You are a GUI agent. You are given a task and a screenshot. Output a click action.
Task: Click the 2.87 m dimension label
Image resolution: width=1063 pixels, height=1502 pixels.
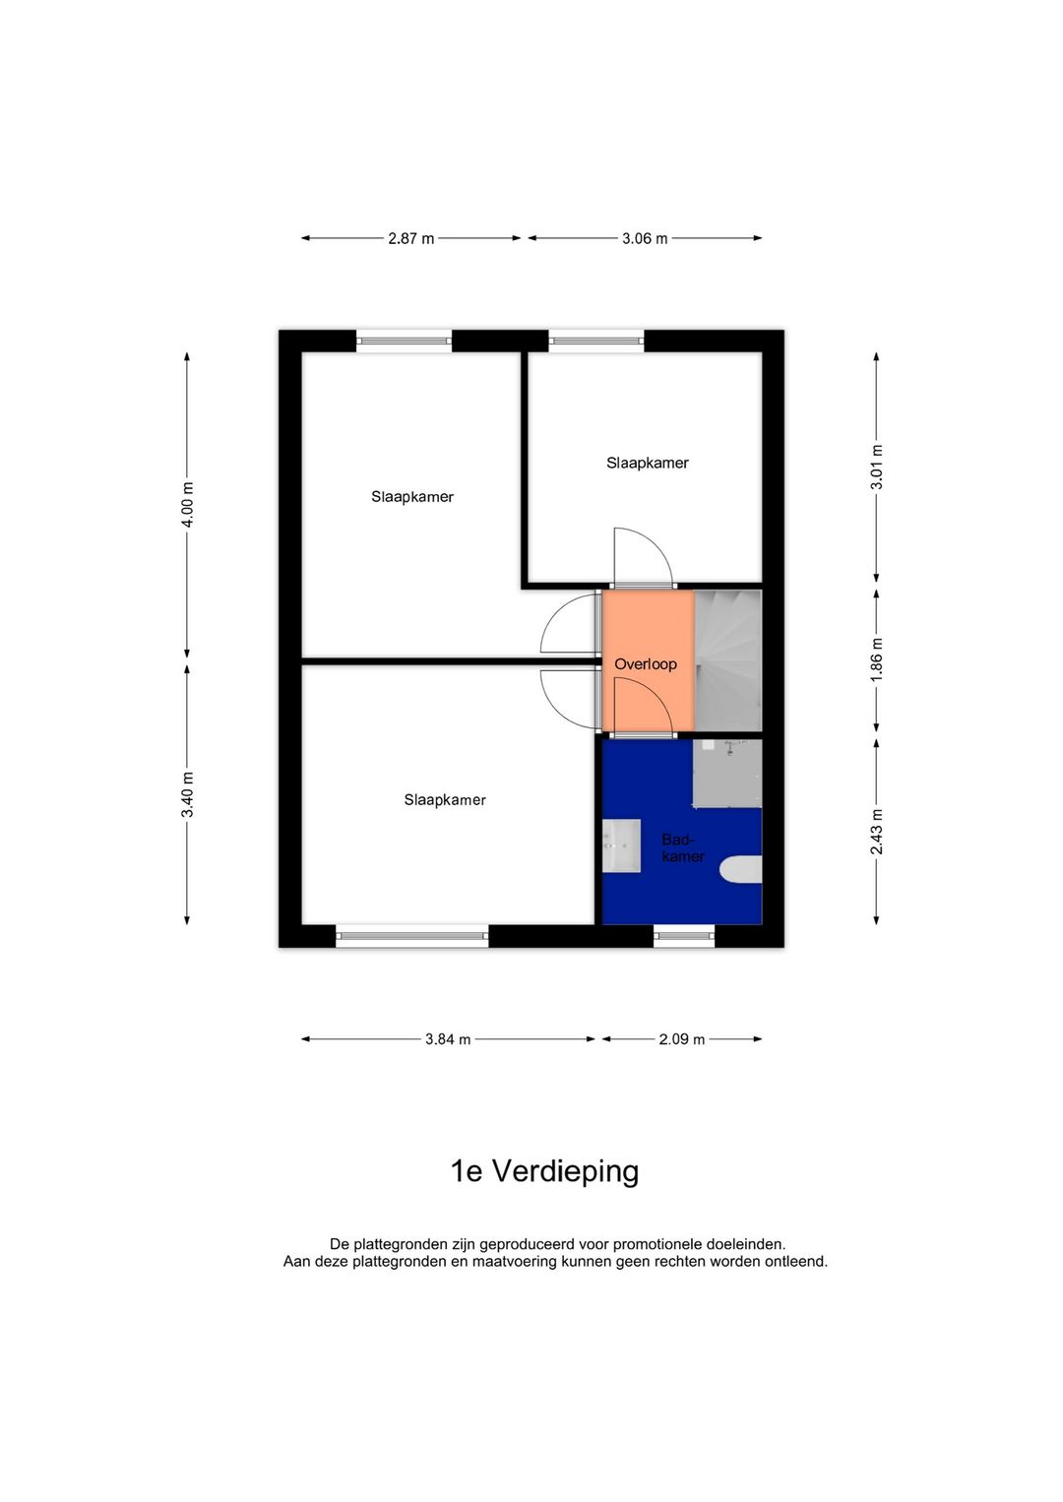coord(410,238)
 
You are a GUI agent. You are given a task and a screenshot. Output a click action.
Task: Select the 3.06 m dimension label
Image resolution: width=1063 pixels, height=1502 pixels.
coord(645,238)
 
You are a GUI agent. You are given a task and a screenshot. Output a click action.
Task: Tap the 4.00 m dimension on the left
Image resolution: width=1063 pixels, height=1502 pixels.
coord(187,504)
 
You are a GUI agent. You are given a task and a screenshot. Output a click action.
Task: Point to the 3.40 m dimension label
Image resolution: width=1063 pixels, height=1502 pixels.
coord(187,794)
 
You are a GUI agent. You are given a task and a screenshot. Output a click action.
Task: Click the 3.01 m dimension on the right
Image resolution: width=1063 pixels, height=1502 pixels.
coord(877,467)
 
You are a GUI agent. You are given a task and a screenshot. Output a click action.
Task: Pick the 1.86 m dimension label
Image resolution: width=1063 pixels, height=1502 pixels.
coord(877,659)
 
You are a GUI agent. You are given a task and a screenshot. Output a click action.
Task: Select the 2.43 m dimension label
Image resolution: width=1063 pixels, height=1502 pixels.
coord(877,832)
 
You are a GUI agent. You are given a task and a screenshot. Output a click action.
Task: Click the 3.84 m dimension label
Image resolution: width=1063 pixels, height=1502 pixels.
coord(448,1039)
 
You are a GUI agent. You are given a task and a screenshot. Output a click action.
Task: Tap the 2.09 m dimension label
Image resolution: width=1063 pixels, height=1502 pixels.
coord(681,1039)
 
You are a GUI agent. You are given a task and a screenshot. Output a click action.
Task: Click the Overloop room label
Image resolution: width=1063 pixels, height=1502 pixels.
coord(646,664)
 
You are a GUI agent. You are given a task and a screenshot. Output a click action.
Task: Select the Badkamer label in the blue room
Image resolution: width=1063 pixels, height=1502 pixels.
coord(682,848)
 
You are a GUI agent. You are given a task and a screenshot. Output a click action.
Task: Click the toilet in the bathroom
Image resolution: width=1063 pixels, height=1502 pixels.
coord(741,870)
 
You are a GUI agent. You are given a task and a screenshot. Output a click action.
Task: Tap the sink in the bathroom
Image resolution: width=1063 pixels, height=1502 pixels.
coord(621,845)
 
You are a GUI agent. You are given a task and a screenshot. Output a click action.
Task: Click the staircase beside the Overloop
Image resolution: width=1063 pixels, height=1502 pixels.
coord(728,659)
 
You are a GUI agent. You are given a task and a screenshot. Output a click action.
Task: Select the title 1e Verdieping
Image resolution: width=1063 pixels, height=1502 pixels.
coord(544,1171)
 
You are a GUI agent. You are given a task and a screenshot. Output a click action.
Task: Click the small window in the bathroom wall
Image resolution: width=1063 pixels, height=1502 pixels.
coord(684,936)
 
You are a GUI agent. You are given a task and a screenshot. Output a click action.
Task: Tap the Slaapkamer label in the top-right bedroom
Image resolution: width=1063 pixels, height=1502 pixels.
coord(647,463)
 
